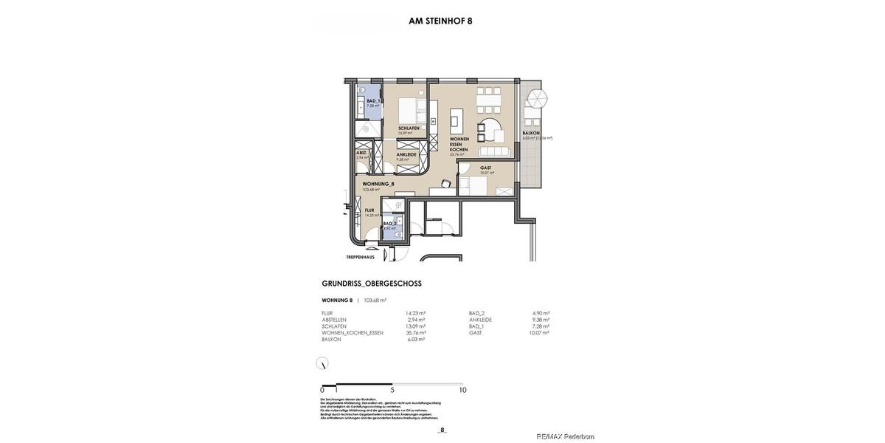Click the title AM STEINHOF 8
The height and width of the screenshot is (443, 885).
440,21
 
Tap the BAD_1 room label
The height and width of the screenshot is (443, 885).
373,101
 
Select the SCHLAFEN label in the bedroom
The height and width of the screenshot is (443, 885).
409,128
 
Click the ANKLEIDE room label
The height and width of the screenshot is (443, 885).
406,154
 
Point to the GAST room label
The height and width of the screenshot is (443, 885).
485,168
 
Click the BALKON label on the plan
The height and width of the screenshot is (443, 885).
531,133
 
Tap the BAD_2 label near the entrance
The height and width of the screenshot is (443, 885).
389,223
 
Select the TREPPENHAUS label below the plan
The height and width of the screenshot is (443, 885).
360,257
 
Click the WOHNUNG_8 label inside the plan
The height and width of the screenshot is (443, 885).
378,184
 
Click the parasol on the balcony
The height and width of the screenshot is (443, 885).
536,99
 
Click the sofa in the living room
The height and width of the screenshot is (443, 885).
493,151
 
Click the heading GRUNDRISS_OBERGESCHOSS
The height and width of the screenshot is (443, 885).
372,284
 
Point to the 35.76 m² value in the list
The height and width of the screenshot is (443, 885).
415,333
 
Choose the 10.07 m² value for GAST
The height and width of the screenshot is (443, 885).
539,333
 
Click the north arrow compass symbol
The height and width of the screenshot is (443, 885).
322,363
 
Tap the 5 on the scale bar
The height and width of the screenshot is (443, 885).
392,391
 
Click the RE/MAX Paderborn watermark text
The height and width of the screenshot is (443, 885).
565,436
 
